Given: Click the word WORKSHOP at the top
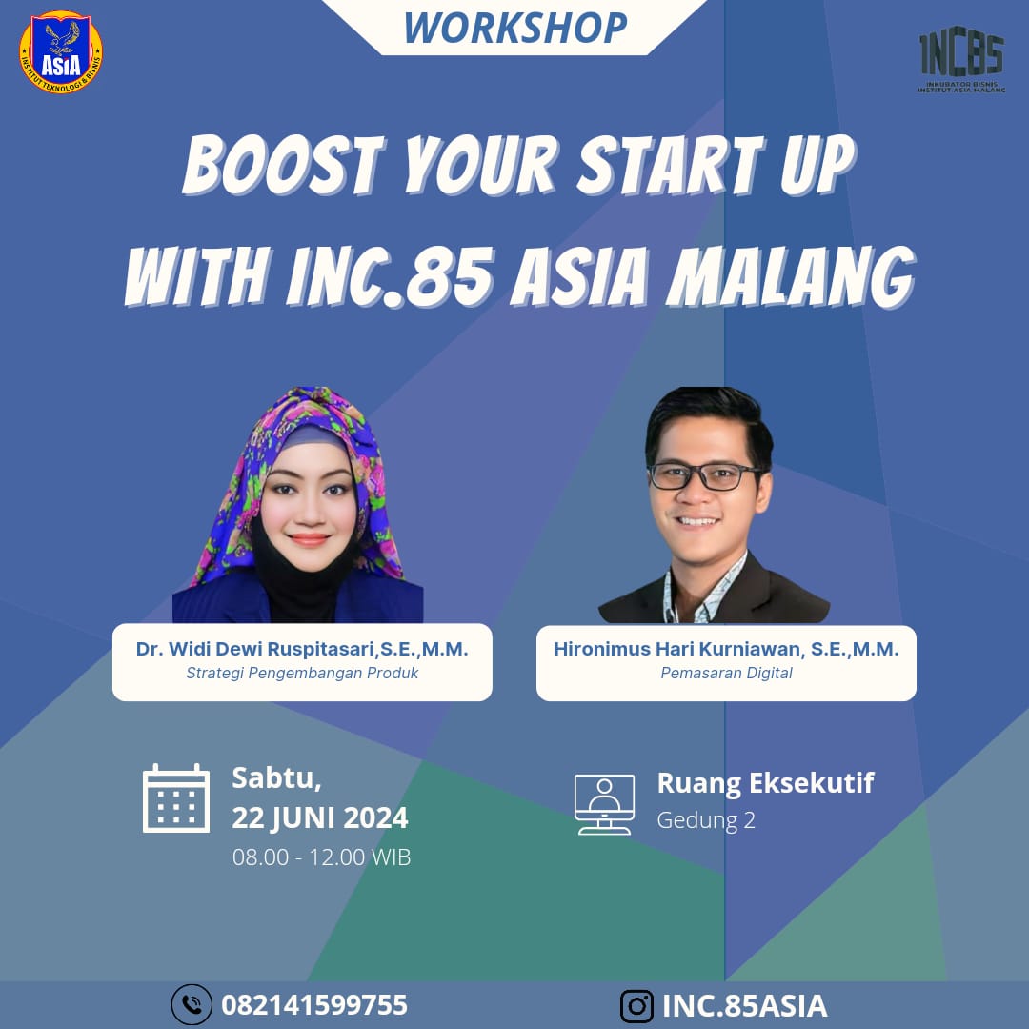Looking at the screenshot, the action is (515, 28).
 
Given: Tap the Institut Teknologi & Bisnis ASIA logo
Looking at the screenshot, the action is (61, 51).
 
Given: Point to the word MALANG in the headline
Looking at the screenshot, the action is (791, 277).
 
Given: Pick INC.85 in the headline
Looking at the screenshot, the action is (391, 277).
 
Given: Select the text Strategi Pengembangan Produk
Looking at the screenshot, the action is (302, 673).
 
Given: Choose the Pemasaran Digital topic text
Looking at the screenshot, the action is (726, 673).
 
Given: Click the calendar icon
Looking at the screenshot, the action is (176, 798).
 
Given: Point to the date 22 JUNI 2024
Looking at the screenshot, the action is (319, 818).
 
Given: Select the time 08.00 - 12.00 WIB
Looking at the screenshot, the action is (322, 857).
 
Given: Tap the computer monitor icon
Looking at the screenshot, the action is (604, 804).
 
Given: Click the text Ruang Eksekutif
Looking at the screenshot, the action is (766, 783).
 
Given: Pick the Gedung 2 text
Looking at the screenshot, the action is (706, 820).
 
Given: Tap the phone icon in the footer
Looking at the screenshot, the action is (192, 1005).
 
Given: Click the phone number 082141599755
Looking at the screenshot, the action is (314, 1005).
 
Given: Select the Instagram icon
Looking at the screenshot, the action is (636, 1006).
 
